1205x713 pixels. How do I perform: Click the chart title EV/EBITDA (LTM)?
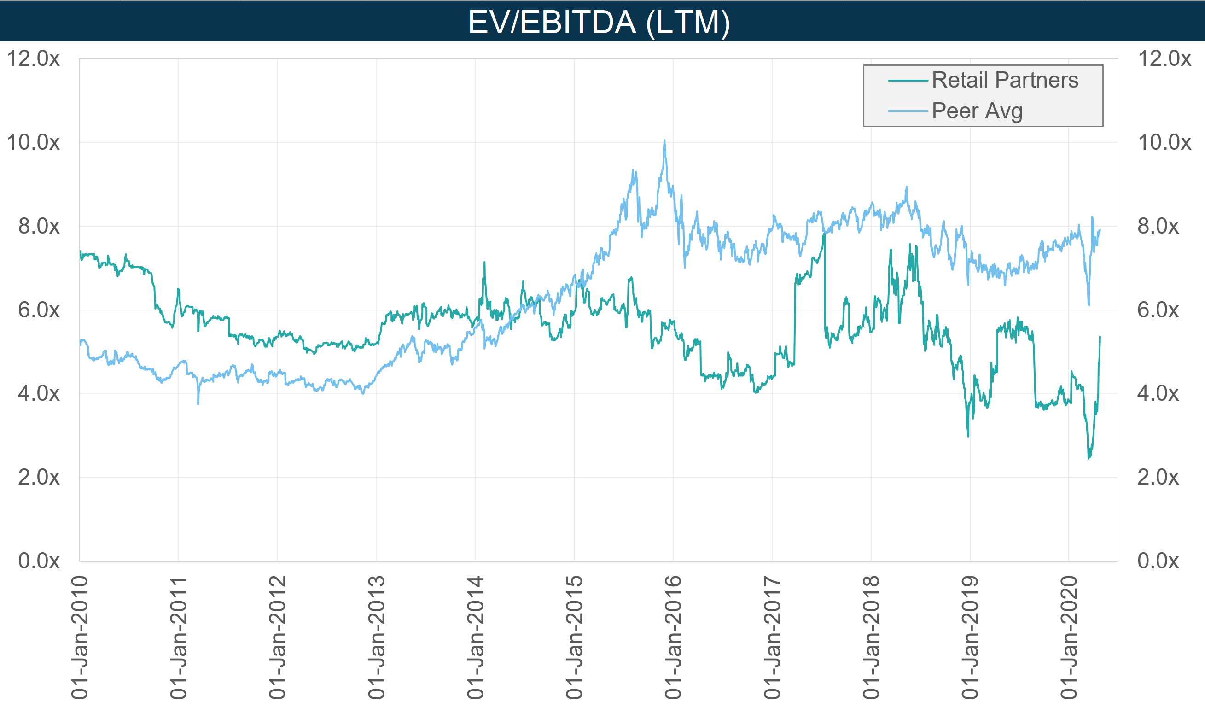coord(599,22)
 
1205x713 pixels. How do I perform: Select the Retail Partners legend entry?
coord(1005,80)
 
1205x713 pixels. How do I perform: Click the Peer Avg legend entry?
coord(977,111)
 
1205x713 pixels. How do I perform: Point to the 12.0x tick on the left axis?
coord(33,58)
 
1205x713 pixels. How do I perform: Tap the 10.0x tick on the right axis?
coord(1164,143)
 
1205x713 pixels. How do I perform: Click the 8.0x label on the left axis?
coord(38,226)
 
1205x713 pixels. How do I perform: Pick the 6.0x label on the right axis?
coord(1158,310)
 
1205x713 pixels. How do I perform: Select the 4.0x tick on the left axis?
coord(38,394)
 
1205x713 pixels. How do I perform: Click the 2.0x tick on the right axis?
coord(1158,478)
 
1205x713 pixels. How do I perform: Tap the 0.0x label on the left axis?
coord(38,561)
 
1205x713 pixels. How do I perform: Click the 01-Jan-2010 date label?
coord(80,637)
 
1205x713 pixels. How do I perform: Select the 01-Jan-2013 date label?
coord(377,637)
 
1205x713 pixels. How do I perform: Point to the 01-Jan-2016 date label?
coord(673,637)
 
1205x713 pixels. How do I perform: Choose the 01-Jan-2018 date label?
coord(871,637)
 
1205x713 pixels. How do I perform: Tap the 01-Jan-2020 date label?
coord(1069,637)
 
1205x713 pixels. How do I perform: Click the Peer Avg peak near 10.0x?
coord(664,140)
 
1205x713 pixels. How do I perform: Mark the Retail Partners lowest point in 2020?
coord(1089,458)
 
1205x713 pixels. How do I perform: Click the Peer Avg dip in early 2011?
coord(198,404)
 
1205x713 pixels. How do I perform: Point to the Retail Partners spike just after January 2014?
coord(484,263)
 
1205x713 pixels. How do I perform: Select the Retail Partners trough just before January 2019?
coord(968,436)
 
